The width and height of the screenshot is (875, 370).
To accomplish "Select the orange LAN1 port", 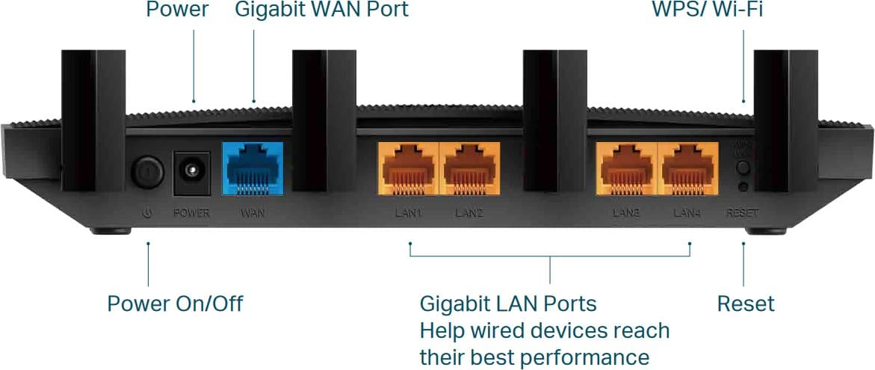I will click(407, 168).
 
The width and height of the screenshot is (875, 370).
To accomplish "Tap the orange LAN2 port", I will click(469, 168).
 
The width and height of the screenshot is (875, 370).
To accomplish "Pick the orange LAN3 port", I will click(626, 168).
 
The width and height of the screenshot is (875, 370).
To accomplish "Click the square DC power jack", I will click(191, 170).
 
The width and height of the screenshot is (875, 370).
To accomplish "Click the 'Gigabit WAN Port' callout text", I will click(321, 10).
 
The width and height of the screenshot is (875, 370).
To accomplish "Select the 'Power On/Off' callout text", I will click(175, 304).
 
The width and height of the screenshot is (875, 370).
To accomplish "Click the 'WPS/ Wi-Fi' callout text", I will click(707, 10).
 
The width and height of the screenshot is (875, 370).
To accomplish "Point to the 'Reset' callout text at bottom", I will click(745, 304).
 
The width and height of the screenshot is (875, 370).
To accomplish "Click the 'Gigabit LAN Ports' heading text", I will click(507, 304).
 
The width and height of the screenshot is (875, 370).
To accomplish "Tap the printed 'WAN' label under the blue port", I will click(252, 213).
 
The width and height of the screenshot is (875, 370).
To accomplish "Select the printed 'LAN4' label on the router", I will click(687, 213).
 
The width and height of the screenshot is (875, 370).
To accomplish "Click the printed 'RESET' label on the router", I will click(742, 213).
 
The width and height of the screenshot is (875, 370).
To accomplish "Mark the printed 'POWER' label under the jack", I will click(191, 213).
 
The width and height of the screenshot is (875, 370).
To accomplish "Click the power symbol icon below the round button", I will click(147, 213).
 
